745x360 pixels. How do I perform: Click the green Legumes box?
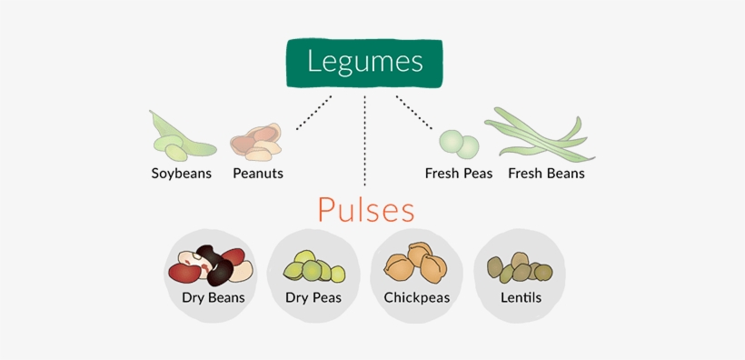[364, 63]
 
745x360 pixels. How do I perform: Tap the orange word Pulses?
[366, 210]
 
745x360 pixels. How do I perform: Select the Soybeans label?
[181, 173]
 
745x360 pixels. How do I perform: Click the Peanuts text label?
[258, 173]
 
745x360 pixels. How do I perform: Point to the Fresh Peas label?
[459, 173]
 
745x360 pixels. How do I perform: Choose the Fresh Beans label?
[545, 173]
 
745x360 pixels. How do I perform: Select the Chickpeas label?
[417, 297]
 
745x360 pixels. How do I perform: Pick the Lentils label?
[521, 297]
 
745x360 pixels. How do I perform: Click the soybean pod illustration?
[180, 136]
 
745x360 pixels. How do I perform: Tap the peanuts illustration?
[256, 142]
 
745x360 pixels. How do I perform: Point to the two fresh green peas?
[459, 143]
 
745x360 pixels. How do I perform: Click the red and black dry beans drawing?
[211, 265]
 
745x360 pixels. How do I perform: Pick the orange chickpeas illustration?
[416, 265]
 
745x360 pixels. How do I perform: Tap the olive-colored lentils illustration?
[520, 267]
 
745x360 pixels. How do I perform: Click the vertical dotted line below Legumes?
[364, 136]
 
